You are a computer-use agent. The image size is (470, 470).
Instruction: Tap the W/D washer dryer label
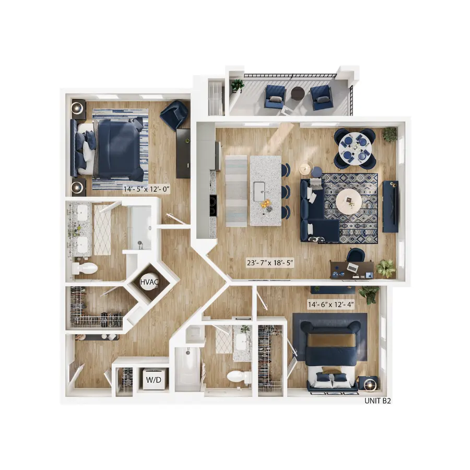point(154,379)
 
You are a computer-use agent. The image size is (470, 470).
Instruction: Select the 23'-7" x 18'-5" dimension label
point(270,263)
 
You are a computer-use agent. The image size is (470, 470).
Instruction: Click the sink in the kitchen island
point(260,192)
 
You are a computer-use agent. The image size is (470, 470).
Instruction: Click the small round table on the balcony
point(298,94)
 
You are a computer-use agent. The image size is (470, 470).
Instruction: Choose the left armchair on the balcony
point(275,96)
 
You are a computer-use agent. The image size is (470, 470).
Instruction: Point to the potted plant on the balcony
point(238,85)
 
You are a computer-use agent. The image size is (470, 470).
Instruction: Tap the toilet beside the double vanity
point(85,268)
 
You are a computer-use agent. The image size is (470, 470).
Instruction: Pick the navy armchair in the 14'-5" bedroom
point(174,115)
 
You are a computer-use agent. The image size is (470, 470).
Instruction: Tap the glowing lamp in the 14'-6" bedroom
point(370,385)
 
